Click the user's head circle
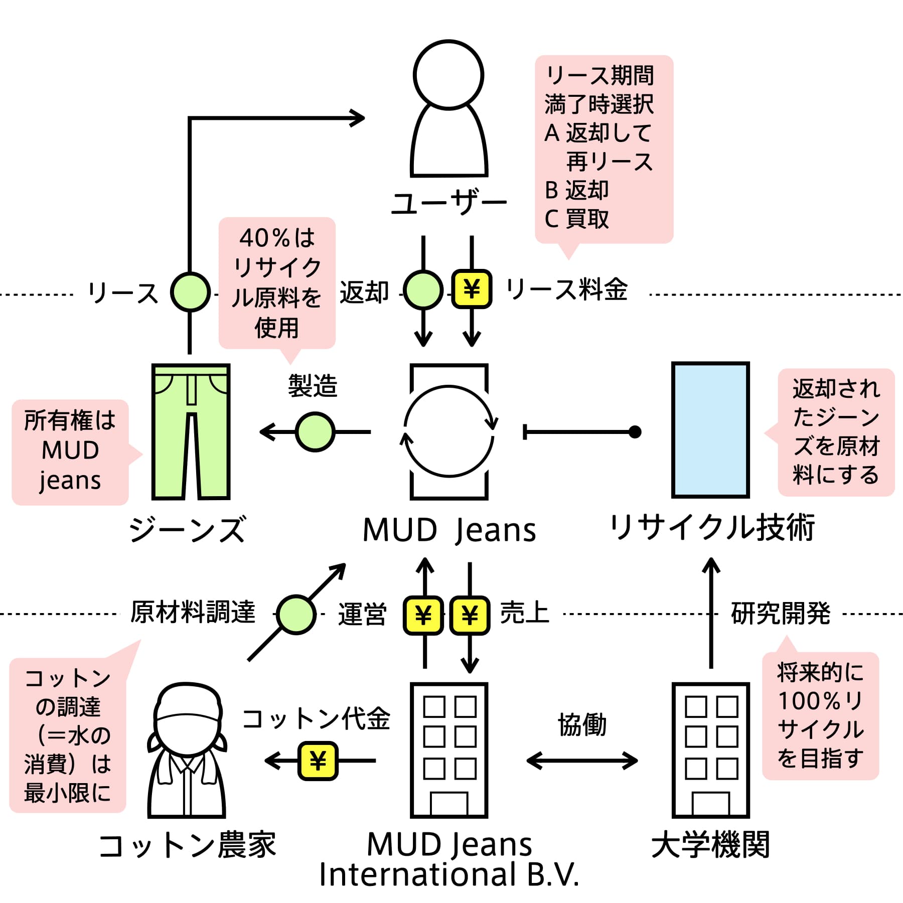[448, 75]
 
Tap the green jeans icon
[191, 431]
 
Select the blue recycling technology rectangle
[710, 430]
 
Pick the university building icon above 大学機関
[710, 750]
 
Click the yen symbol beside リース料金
[472, 289]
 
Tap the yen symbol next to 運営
[423, 616]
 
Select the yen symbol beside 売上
[470, 616]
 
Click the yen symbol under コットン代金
[318, 761]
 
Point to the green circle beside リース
[190, 291]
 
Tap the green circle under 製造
[315, 431]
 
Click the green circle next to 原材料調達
[296, 615]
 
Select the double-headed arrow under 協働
[582, 761]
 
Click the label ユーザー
[449, 203]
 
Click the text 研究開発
[781, 613]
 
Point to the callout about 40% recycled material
[277, 284]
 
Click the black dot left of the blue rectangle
[635, 431]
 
